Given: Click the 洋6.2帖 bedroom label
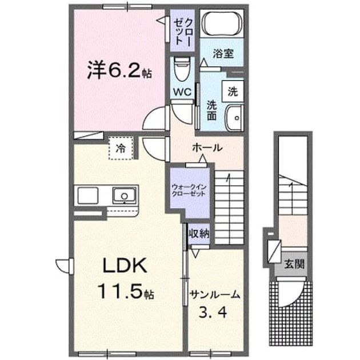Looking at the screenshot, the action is pyautogui.click(x=119, y=70).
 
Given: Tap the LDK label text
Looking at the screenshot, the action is pyautogui.click(x=125, y=265).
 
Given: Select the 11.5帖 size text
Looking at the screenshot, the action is pyautogui.click(x=126, y=291).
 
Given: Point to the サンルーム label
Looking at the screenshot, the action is pyautogui.click(x=215, y=294).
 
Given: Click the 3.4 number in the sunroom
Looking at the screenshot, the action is pyautogui.click(x=213, y=312).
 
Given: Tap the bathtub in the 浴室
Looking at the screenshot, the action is pyautogui.click(x=222, y=23).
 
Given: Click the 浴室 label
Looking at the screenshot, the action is pyautogui.click(x=223, y=54).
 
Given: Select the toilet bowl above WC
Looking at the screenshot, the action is pyautogui.click(x=182, y=68).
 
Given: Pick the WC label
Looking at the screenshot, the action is pyautogui.click(x=182, y=92).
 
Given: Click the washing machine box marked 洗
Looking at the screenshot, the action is pyautogui.click(x=233, y=91).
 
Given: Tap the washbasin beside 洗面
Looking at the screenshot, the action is pyautogui.click(x=234, y=118).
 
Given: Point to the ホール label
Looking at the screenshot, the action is pyautogui.click(x=207, y=147).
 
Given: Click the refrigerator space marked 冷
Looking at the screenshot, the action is pyautogui.click(x=121, y=148).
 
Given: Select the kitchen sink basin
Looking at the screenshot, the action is pyautogui.click(x=124, y=195).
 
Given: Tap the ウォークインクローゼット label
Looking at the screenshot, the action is pyautogui.click(x=189, y=190).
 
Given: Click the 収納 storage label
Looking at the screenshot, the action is pyautogui.click(x=199, y=234).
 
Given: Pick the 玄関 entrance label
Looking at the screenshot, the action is pyautogui.click(x=294, y=264).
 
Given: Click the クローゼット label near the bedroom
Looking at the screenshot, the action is pyautogui.click(x=182, y=31).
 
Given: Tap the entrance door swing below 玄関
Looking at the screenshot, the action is pyautogui.click(x=291, y=293).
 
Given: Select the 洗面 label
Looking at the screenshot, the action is pyautogui.click(x=211, y=110).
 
